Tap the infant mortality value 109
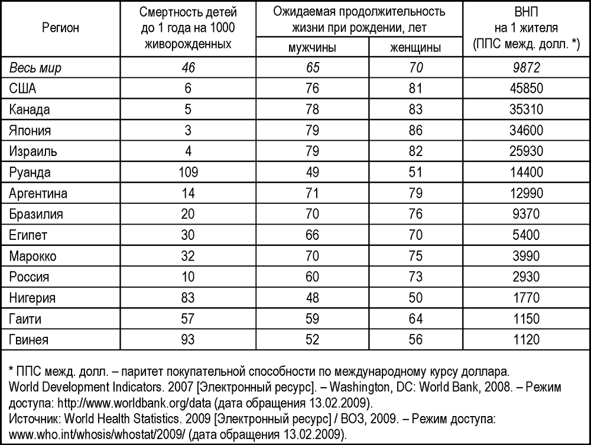coord(188,173)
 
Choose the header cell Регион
coord(60,27)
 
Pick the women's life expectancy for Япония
coord(415,131)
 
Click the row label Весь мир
coord(35,69)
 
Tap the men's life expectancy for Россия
coord(313,277)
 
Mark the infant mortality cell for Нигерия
coord(188,298)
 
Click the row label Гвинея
coord(29,340)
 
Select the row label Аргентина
coord(38,193)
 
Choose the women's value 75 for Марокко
coord(415,256)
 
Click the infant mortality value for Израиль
coord(188,151)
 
